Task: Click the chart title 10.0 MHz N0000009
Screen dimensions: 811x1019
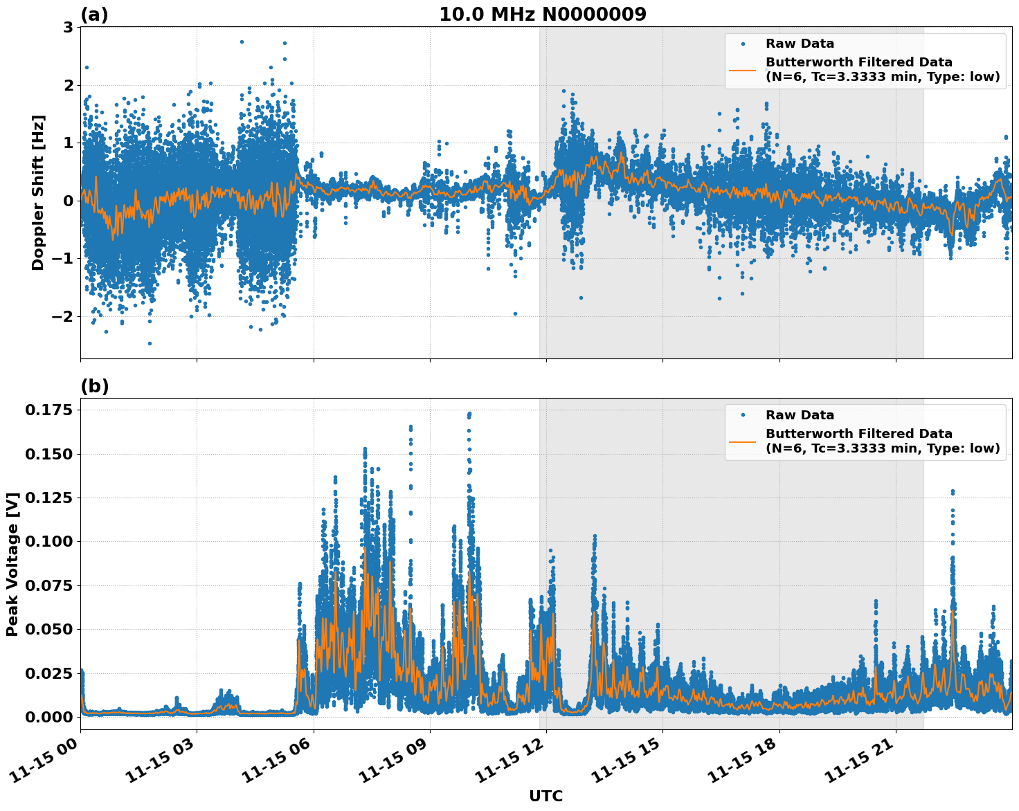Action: (x=542, y=15)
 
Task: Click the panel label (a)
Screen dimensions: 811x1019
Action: (x=94, y=15)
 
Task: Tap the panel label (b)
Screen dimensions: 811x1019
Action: (x=94, y=386)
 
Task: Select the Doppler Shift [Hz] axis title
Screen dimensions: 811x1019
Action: (x=38, y=192)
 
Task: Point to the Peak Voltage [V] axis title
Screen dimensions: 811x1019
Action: (x=12, y=564)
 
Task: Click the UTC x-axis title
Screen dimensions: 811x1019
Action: (x=545, y=796)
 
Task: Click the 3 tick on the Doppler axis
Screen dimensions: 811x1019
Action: (x=68, y=28)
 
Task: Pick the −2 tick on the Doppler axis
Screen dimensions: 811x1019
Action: (x=62, y=316)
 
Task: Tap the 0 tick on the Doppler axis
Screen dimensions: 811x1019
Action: (x=68, y=201)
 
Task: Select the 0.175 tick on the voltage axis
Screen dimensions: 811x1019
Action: (x=48, y=410)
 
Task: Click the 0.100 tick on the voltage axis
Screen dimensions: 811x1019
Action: (x=48, y=541)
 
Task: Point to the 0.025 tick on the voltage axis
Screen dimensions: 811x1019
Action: (x=48, y=673)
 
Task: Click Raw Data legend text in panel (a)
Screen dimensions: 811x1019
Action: (x=800, y=44)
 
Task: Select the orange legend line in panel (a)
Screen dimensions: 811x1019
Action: (x=743, y=70)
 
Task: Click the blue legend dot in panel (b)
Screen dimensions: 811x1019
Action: (x=743, y=415)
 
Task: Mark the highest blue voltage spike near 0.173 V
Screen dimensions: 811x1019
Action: (x=469, y=414)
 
